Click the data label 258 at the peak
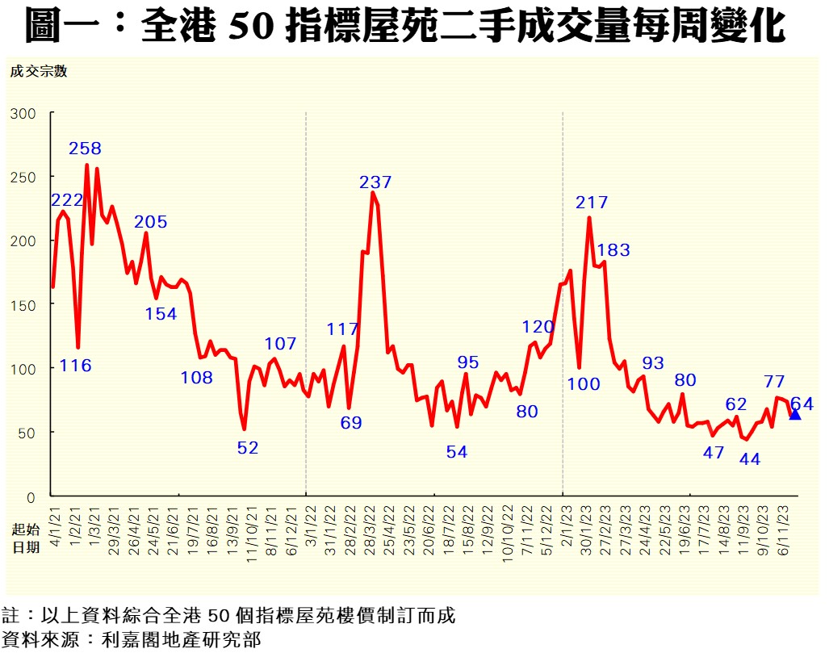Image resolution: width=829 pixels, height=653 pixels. click(x=86, y=149)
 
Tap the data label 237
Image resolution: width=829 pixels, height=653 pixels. click(x=375, y=182)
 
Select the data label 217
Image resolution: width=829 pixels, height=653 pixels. click(x=592, y=203)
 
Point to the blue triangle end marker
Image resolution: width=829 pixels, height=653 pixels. click(x=794, y=414)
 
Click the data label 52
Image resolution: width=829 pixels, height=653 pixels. click(x=248, y=448)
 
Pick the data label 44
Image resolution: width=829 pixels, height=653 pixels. click(x=750, y=459)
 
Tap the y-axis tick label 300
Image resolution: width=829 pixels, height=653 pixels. click(x=23, y=113)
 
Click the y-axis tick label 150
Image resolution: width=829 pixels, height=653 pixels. click(x=23, y=304)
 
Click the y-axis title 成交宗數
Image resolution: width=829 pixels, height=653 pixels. click(x=38, y=70)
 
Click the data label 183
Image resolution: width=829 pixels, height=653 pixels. click(x=613, y=250)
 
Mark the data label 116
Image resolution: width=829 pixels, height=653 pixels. click(x=76, y=366)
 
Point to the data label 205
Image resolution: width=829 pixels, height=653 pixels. click(x=151, y=222)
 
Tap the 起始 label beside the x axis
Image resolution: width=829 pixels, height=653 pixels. click(x=26, y=530)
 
